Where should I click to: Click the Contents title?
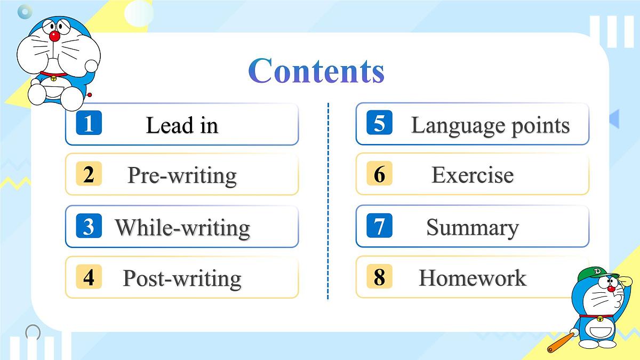316,71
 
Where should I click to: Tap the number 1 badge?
89,123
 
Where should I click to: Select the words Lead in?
182,126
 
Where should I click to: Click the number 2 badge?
89,174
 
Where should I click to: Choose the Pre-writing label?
182,175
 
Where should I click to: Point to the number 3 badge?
89,226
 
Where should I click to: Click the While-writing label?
182,228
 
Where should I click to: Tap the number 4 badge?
89,277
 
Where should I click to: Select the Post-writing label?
182,278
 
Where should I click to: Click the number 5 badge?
379,123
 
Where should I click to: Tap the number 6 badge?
379,174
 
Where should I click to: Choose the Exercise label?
472,175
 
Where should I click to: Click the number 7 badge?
379,226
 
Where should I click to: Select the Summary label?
472,228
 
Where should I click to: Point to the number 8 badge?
379,277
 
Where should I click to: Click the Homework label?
472,278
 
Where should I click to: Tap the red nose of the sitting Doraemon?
54,36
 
